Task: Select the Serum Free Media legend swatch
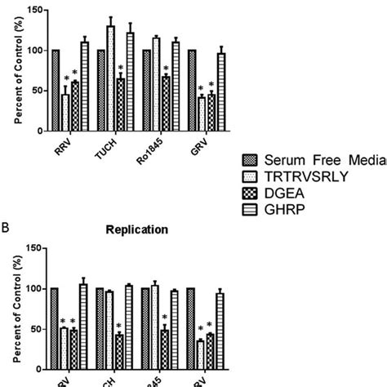coord(251,160)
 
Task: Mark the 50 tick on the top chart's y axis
coord(38,91)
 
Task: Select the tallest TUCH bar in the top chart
coord(110,78)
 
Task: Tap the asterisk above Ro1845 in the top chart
coord(166,68)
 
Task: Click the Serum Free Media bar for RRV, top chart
coord(56,90)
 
